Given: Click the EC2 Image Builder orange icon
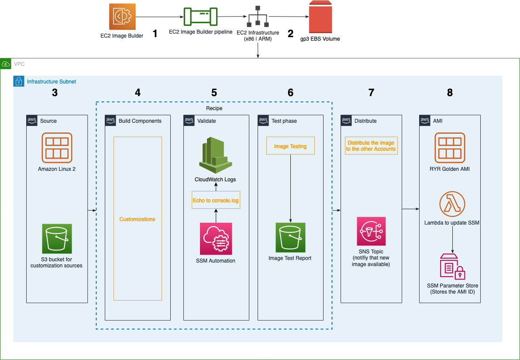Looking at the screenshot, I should pos(122,17).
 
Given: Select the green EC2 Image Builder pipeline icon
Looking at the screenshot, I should pos(200,17).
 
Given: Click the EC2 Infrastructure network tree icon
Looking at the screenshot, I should pos(258,17).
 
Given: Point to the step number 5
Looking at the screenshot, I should pos(214,93).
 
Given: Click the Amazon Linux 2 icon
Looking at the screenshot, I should pos(57,148).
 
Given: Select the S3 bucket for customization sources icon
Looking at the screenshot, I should pos(57,239).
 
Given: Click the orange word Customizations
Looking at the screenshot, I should pos(138,219).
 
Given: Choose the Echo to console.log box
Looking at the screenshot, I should pos(216,201).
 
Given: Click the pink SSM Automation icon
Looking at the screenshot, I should pos(216,239).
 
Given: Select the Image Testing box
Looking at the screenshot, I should pos(290,146).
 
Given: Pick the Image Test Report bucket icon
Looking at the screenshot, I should pos(290,237).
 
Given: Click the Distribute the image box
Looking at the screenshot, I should pos(371,146).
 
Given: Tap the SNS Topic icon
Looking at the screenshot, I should pos(371,231).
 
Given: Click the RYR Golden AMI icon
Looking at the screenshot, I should pos(450,148).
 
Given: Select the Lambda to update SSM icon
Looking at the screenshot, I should pos(452,204).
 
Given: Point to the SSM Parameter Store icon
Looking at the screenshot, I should pos(452,266).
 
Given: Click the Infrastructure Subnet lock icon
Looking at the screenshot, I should pos(19,81).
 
